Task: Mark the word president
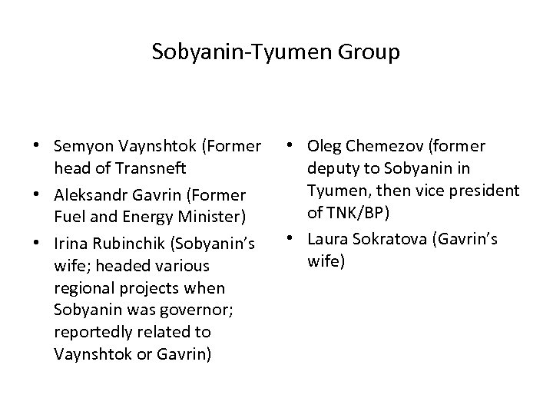pyautogui.click(x=483, y=190)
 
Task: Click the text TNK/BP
pyautogui.click(x=354, y=212)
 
